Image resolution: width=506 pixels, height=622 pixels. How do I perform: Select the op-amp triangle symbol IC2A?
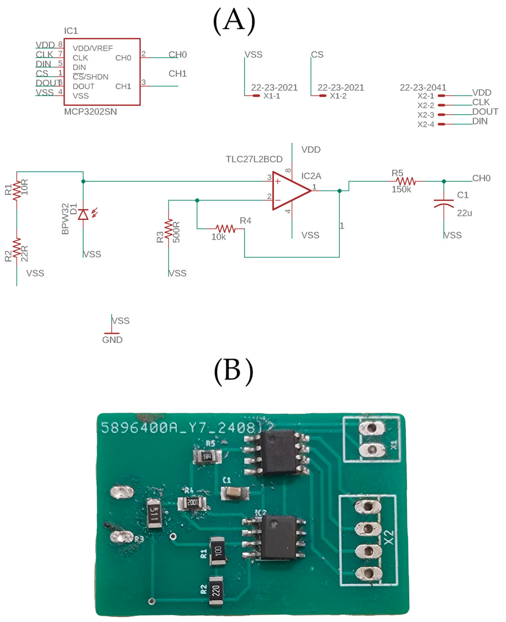(290, 191)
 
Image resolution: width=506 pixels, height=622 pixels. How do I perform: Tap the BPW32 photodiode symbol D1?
(83, 215)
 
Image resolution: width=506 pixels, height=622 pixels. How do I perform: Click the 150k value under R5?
(401, 189)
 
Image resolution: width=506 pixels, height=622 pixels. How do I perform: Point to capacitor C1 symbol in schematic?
(443, 204)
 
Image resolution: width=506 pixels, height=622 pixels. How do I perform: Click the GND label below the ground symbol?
(112, 340)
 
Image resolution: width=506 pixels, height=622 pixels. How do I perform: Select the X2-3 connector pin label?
(426, 115)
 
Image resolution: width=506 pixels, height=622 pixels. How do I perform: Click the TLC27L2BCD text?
(254, 159)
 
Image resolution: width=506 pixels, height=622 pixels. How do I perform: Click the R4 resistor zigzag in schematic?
(225, 229)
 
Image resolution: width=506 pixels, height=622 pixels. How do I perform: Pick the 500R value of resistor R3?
(176, 232)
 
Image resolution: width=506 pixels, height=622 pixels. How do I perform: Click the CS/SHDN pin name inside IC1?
(90, 77)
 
